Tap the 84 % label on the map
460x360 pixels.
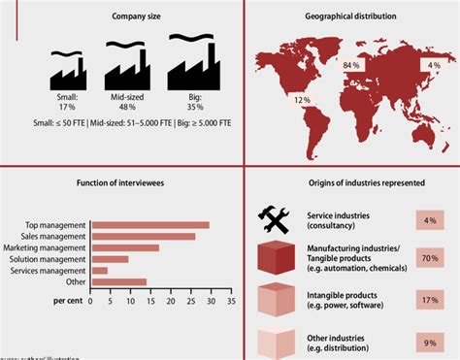(352, 66)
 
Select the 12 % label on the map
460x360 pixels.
(302, 100)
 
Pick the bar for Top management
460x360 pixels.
(148, 226)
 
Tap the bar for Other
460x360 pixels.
(117, 282)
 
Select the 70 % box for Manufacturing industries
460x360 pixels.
(428, 259)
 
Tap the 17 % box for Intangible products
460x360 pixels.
(428, 300)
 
